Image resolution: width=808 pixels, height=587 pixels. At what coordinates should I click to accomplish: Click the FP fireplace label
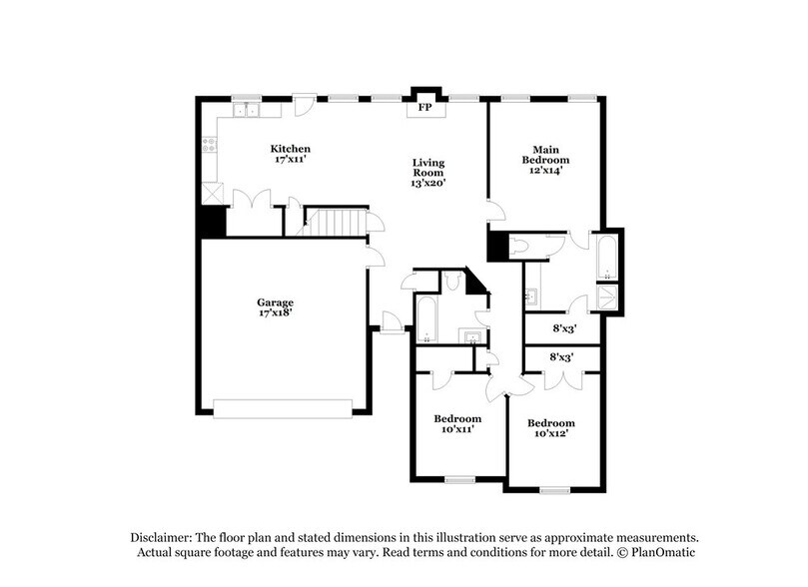click(423, 107)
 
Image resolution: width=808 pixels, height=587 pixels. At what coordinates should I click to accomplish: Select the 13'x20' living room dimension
click(429, 183)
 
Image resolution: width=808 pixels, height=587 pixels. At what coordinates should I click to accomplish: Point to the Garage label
click(275, 302)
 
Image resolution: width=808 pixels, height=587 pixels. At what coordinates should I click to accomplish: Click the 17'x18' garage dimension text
click(275, 313)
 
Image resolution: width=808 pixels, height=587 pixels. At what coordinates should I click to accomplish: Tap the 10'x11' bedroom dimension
click(457, 429)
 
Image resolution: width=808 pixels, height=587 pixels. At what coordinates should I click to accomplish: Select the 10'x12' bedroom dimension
click(551, 434)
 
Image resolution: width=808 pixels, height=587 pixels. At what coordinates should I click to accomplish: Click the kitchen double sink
click(247, 110)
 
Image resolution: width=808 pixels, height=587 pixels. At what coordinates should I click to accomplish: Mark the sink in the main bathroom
click(533, 295)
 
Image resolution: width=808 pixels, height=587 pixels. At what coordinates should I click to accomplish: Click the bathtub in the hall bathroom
click(427, 320)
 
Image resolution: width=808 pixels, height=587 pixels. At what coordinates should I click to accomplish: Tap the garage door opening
click(283, 407)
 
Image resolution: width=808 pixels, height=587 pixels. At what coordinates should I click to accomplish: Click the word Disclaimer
click(163, 535)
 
